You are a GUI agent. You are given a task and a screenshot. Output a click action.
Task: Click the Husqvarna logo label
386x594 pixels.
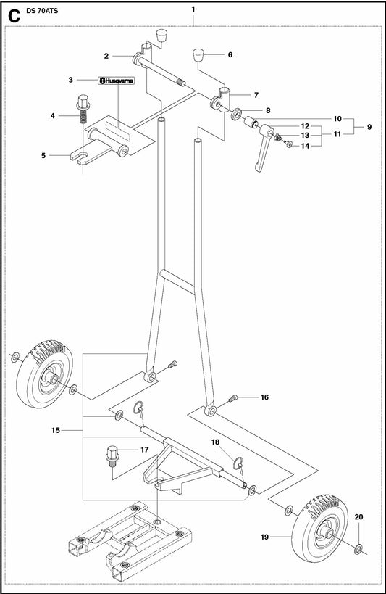coord(116,81)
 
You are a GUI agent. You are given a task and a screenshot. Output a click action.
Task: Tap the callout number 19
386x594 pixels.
coord(264,537)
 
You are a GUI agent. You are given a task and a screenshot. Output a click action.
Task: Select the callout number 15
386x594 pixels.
coord(56,430)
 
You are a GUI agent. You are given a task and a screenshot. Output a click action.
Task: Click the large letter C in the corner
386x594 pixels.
coord(14,15)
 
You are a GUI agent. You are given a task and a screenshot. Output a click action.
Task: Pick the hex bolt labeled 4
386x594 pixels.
coord(83,109)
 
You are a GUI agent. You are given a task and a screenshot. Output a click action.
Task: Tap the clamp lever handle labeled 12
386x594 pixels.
coord(264,148)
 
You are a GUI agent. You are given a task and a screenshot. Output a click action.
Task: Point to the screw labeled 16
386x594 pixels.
coord(233,398)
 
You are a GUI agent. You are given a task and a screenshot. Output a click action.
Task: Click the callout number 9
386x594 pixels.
coord(369,127)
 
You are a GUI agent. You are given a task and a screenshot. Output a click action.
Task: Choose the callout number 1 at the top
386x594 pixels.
coord(193,9)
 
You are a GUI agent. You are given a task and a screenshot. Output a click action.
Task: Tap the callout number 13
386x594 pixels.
coord(305,135)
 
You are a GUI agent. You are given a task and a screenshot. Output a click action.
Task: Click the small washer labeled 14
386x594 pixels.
coord(290,144)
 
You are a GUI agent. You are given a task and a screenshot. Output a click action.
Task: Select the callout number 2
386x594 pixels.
coord(106,56)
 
